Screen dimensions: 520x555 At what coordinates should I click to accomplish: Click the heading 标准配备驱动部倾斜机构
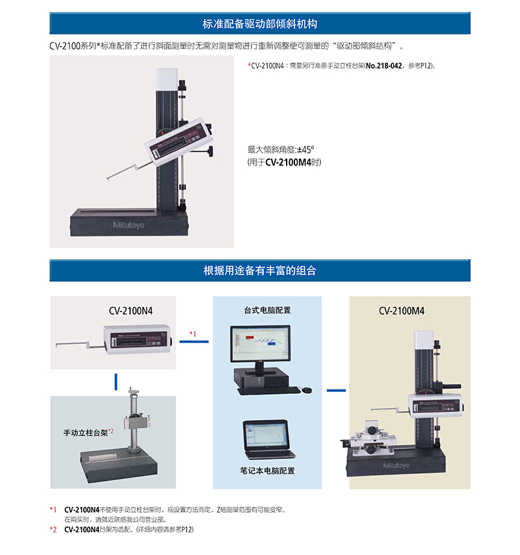[x=260, y=24]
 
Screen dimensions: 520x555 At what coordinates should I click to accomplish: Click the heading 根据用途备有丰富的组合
[x=260, y=271]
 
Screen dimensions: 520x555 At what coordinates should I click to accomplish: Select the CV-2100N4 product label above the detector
[x=131, y=311]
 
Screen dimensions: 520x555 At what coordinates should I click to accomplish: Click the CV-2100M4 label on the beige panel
[x=402, y=311]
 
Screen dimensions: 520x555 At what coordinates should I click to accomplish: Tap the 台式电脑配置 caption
[x=267, y=310]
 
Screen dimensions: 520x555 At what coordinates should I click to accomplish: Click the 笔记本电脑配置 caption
[x=267, y=471]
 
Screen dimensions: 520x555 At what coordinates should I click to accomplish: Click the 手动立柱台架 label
[x=85, y=432]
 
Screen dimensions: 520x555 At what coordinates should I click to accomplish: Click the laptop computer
[x=268, y=439]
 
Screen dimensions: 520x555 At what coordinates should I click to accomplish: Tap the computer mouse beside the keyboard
[x=307, y=389]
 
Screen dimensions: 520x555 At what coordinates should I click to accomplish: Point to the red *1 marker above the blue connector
[x=193, y=334]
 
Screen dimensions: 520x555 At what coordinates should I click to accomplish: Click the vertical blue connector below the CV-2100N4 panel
[x=116, y=382]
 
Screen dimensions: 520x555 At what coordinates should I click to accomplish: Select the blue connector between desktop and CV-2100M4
[x=336, y=390]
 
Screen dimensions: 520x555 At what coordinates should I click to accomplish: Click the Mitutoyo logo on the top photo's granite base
[x=128, y=225]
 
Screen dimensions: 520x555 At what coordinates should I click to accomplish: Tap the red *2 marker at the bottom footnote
[x=53, y=529]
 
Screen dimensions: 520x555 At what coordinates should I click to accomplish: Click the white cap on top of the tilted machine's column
[x=166, y=79]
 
